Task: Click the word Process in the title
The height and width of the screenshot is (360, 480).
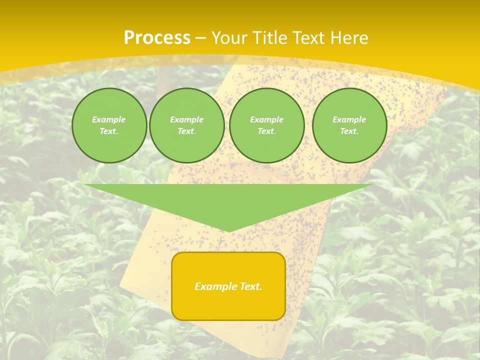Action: (x=157, y=38)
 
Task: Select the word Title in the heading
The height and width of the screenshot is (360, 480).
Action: (x=270, y=38)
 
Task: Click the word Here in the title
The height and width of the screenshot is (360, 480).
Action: (x=350, y=38)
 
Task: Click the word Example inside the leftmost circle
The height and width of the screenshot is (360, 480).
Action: (x=109, y=119)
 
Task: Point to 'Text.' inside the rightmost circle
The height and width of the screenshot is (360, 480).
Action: (x=349, y=131)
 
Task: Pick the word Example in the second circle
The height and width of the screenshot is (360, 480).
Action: (x=187, y=119)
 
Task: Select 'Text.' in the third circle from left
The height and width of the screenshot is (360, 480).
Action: (x=267, y=131)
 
